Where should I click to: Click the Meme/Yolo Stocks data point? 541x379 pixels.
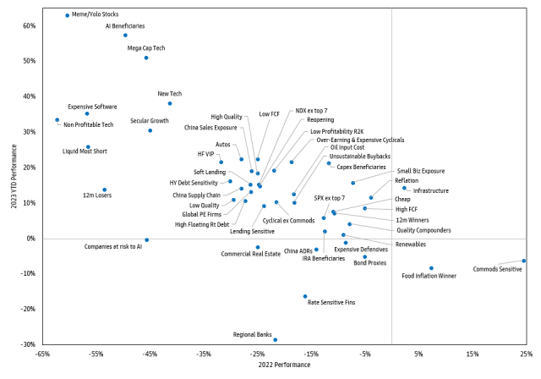[68, 15]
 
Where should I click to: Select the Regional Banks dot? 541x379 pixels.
[275, 340]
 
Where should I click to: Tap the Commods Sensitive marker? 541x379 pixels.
[524, 261]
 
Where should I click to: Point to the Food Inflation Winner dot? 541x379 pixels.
[431, 268]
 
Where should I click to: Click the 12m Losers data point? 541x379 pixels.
[105, 189]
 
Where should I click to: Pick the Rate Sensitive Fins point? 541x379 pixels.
[305, 296]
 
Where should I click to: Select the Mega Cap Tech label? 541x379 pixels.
[145, 48]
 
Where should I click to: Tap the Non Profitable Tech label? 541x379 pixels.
[89, 124]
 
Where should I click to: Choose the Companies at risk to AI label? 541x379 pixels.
[113, 246]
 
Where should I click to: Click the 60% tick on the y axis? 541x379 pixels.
[29, 25]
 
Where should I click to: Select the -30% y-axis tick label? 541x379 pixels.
[27, 344]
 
